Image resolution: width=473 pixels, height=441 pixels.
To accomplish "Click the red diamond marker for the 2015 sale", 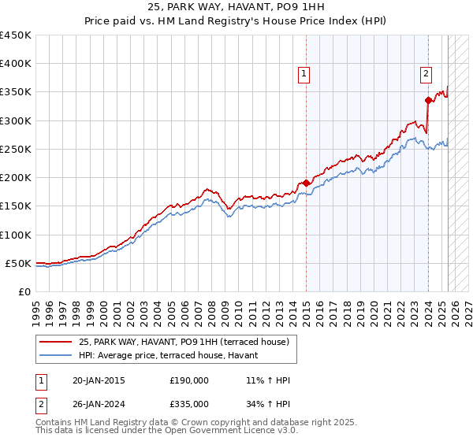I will pyautogui.click(x=306, y=183).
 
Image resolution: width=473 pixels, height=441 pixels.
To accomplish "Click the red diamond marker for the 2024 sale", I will pyautogui.click(x=428, y=100).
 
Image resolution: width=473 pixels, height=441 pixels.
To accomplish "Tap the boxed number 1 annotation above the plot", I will pyautogui.click(x=304, y=74).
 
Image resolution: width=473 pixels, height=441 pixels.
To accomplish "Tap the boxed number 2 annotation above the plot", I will pyautogui.click(x=426, y=74).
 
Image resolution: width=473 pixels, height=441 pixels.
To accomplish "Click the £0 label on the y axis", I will pyautogui.click(x=24, y=291).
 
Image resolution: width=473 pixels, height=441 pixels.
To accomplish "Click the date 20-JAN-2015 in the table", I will pyautogui.click(x=99, y=380).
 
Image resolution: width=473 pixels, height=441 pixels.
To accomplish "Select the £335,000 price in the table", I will pyautogui.click(x=189, y=403).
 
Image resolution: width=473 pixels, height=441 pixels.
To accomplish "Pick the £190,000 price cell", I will pyautogui.click(x=189, y=380).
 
